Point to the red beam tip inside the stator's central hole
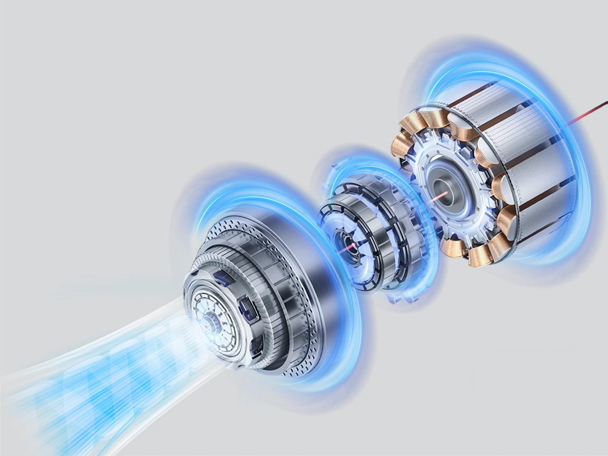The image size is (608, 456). [440, 195]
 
